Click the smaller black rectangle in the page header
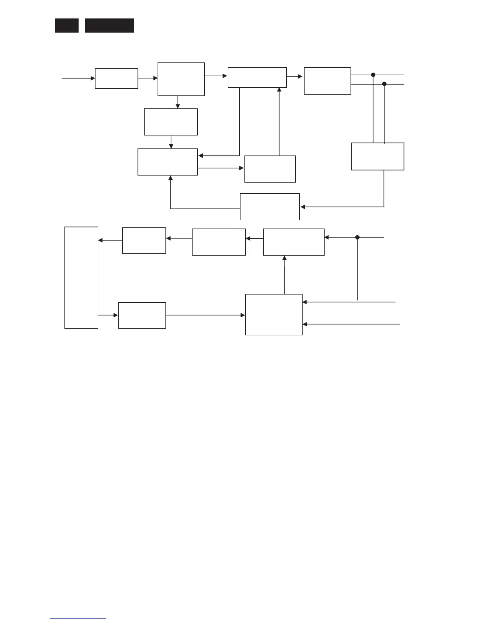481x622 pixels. click(66, 26)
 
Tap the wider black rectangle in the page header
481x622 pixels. click(109, 26)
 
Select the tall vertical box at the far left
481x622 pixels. click(81, 277)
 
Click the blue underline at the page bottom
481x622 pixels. click(78, 619)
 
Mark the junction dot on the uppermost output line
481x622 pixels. click(373, 75)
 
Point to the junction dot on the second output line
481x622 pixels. click(384, 84)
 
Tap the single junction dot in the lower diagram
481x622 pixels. click(358, 237)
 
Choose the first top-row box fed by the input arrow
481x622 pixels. click(116, 79)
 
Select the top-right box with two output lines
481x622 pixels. click(327, 81)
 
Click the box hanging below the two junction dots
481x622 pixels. click(378, 156)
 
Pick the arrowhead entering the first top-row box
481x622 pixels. click(93, 78)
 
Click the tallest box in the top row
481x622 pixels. click(181, 79)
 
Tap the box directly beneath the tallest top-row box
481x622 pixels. click(171, 122)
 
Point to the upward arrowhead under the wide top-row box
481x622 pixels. click(279, 90)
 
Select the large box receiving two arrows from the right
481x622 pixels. click(274, 315)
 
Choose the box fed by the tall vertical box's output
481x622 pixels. click(142, 315)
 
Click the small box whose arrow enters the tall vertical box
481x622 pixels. click(144, 240)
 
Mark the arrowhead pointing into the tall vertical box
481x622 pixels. click(100, 240)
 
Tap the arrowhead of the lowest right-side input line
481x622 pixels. click(305, 324)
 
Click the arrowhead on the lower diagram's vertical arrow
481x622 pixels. click(285, 258)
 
